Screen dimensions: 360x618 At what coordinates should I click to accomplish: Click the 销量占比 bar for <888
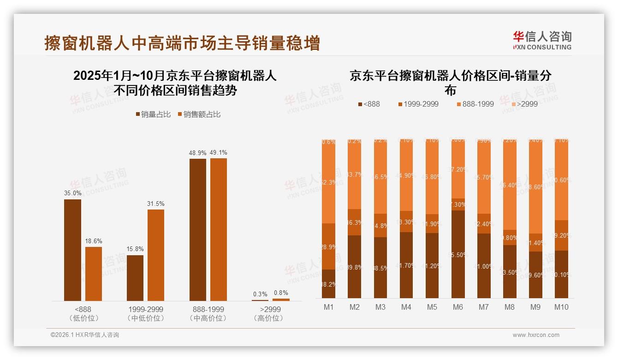pos(72,250)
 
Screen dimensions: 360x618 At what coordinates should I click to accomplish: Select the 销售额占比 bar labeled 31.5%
pos(156,255)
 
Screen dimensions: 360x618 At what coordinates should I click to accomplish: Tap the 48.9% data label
pos(197,153)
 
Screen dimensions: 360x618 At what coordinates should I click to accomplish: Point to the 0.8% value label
pos(281,293)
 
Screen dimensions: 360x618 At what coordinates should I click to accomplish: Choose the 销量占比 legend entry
pos(154,114)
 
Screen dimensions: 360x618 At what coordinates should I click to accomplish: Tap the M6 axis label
pos(458,307)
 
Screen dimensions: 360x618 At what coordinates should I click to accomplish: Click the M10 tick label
pos(561,307)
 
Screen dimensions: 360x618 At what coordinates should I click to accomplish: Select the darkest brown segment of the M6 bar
pos(458,254)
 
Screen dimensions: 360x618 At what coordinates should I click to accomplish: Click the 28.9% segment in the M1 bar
pos(329,246)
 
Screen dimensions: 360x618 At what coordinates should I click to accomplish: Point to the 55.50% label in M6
pos(458,255)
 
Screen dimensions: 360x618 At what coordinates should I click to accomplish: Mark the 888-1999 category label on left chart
pos(208,309)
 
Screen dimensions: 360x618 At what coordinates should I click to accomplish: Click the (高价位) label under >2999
pos(270,318)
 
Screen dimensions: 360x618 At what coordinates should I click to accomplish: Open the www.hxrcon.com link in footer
pos(536,335)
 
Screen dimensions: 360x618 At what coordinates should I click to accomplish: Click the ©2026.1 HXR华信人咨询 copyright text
pos(85,335)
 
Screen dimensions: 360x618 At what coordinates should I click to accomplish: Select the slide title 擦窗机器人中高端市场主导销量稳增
pos(182,43)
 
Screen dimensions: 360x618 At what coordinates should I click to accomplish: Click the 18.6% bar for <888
pos(94,274)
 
